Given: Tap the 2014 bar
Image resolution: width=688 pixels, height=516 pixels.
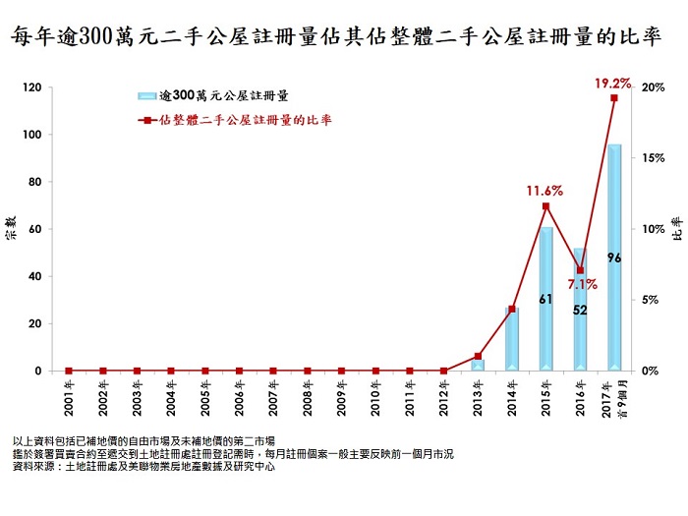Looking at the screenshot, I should [511, 339].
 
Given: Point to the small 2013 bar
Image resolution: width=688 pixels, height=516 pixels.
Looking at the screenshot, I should [478, 366].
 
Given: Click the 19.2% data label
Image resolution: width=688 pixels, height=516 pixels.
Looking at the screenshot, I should [612, 83].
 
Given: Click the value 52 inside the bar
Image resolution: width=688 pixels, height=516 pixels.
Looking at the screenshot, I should [580, 310].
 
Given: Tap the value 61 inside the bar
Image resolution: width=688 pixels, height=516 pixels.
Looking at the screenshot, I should [545, 297].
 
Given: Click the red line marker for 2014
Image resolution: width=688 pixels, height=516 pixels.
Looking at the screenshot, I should [512, 310].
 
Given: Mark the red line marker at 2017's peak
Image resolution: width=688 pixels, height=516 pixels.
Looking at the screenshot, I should [614, 98].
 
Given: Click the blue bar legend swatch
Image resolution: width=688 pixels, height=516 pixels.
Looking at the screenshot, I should [148, 96].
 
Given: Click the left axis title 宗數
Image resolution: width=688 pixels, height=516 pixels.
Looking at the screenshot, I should [11, 236].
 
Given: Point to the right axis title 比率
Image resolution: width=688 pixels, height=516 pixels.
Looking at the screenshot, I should [676, 231].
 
